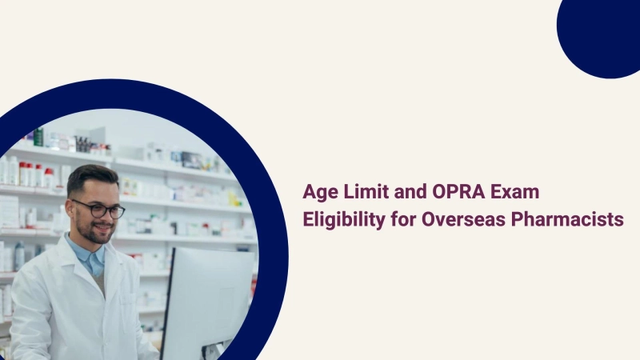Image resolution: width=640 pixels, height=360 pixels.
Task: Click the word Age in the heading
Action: point(319,193)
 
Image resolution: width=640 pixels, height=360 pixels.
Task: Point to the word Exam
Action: point(499,193)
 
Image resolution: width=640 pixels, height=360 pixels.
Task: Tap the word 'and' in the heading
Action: point(402,193)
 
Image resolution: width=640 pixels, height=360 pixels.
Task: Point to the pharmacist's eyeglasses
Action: point(101,210)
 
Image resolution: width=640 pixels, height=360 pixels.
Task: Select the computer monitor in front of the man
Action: point(210,300)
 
